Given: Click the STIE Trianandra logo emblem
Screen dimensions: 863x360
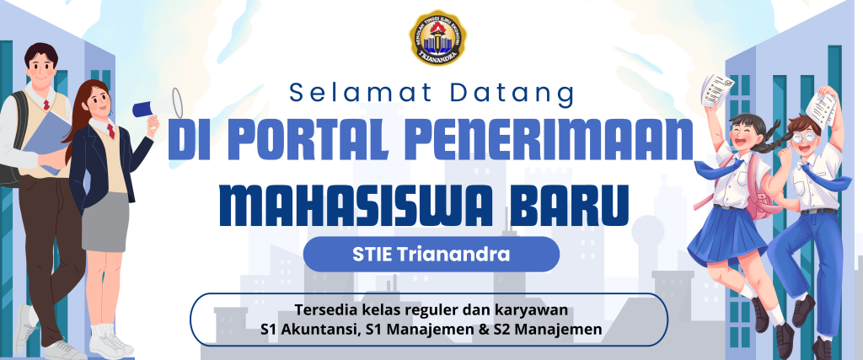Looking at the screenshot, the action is click(x=438, y=37).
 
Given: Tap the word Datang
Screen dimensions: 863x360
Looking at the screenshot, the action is click(x=512, y=94).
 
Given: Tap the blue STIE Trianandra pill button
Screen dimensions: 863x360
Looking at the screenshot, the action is click(x=431, y=255).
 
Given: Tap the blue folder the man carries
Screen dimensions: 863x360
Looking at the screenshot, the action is click(x=47, y=140).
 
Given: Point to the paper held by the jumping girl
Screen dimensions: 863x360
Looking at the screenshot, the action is click(x=717, y=90).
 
